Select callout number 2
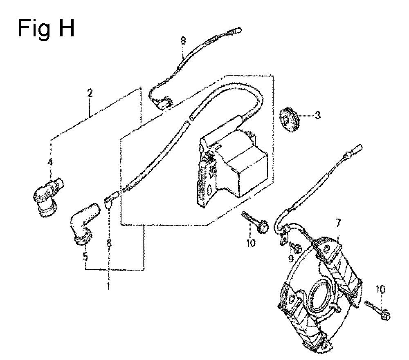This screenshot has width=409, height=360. [x=90, y=93]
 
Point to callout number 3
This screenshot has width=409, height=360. [x=317, y=115]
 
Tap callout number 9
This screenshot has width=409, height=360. [x=291, y=258]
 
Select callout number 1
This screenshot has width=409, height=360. [x=108, y=286]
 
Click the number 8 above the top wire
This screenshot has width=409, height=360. [x=183, y=41]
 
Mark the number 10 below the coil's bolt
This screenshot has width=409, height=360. [x=251, y=243]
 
